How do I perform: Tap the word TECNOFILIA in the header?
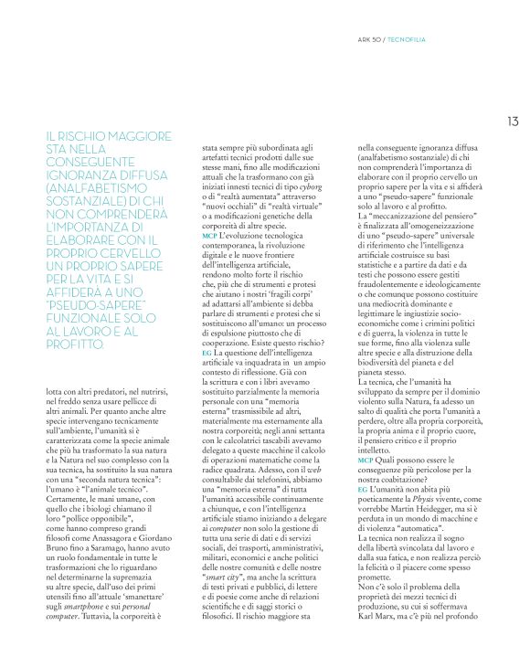coord(406,39)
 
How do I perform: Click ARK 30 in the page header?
coord(369,39)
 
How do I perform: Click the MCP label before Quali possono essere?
coord(365,435)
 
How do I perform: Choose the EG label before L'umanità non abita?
coord(363,465)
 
